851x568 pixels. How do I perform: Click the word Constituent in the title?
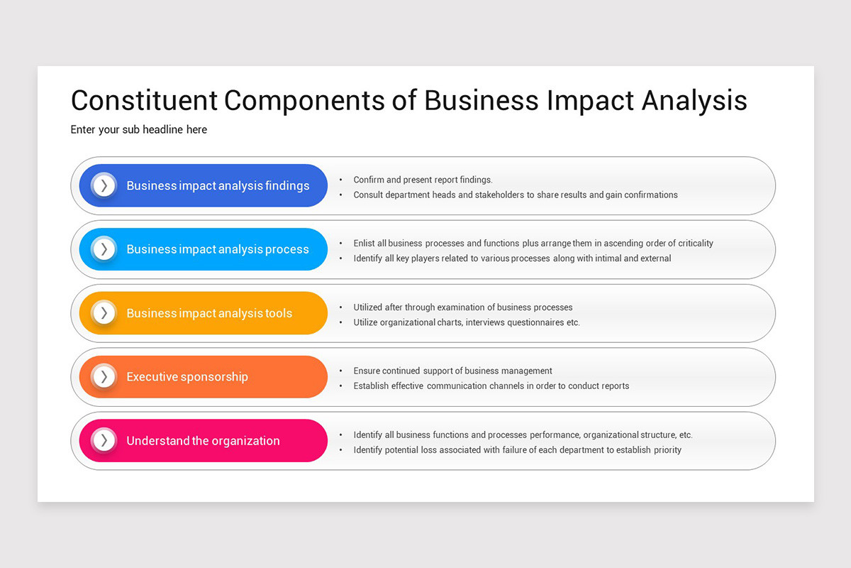coord(144,100)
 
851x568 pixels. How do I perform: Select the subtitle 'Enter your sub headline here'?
coord(139,129)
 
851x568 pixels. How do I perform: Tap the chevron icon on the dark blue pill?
coord(104,185)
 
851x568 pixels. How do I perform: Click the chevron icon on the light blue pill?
coord(104,249)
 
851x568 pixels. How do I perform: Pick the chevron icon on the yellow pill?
coord(104,313)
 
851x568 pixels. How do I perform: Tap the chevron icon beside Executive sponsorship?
coord(104,376)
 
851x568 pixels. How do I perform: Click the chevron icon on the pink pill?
coord(104,440)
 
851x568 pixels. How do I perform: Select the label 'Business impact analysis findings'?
coord(218,186)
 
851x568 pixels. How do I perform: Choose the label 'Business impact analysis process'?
coord(218,249)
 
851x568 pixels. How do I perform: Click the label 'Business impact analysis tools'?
coord(209,313)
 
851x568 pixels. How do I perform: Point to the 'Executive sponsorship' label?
coord(187,377)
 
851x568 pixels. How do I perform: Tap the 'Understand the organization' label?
coord(203,441)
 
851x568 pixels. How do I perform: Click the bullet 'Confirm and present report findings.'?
coord(423,180)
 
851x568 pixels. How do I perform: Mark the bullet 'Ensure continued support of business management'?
coord(452,371)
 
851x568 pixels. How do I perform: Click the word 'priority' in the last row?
coord(667,450)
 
